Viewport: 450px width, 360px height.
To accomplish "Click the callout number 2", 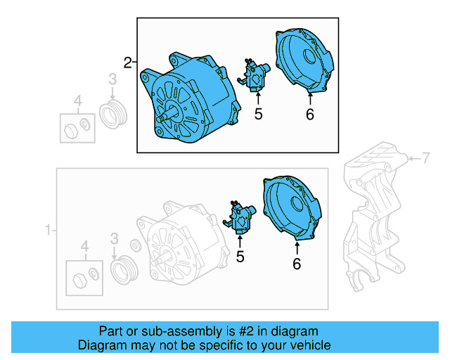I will point(127,63).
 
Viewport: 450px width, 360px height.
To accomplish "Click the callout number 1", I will point(48,230).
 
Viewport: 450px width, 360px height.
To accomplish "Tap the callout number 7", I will point(425,157).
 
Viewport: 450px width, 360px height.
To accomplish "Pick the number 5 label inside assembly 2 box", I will point(258,114).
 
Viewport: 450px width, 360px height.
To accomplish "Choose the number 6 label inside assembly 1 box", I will point(296,264).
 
